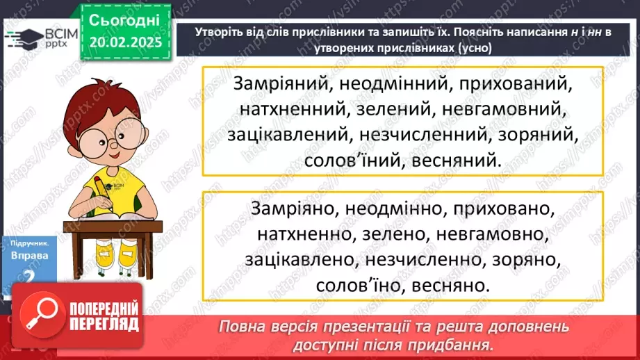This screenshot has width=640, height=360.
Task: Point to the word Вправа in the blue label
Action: click(x=29, y=255)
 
